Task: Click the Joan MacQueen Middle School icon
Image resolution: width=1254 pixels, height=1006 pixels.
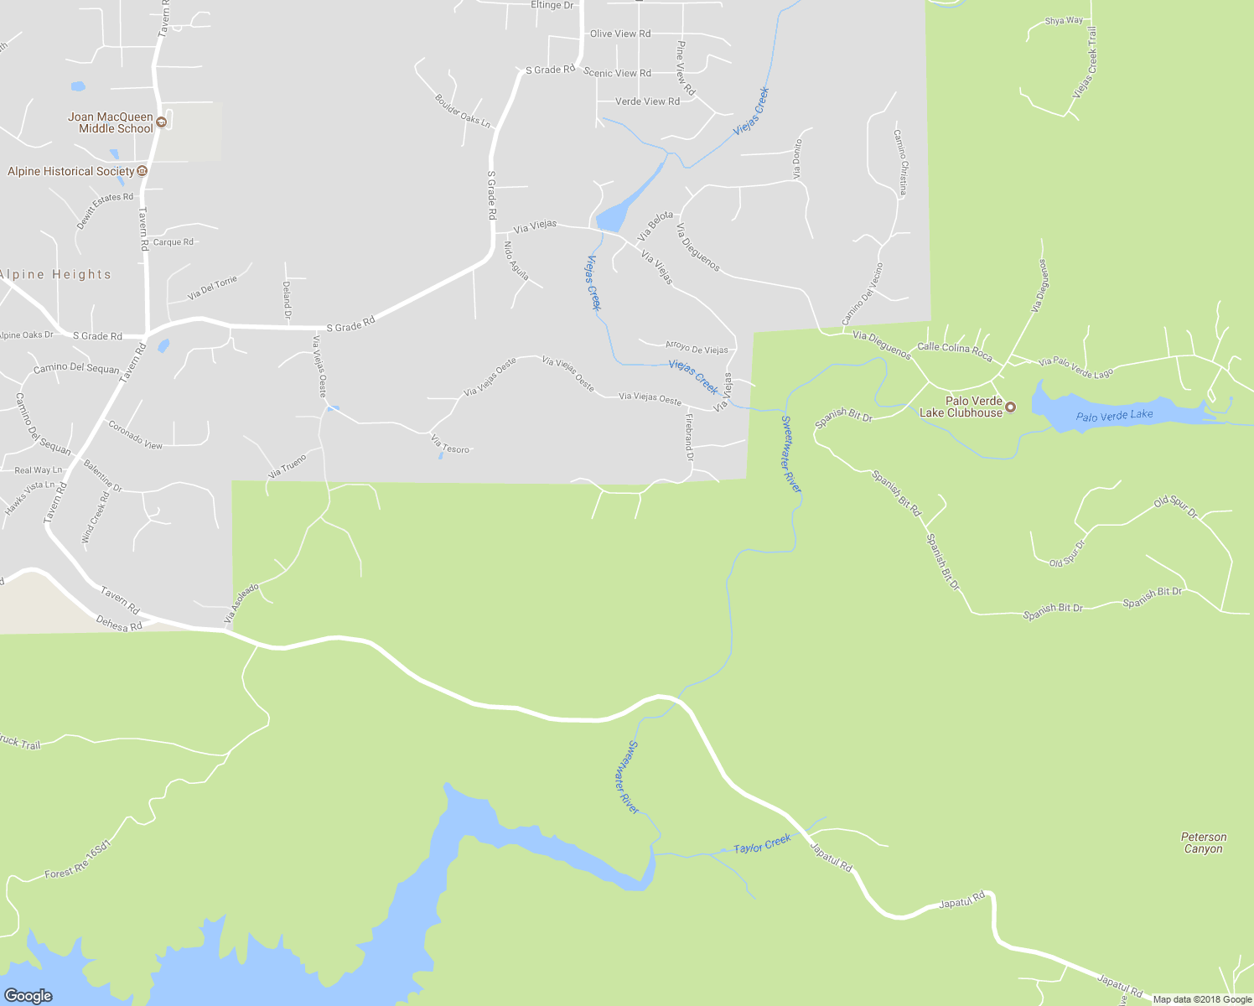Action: coord(163,122)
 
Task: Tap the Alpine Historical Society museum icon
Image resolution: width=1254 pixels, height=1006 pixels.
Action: coord(142,171)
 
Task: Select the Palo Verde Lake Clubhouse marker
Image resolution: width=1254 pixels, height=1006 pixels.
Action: coord(1010,407)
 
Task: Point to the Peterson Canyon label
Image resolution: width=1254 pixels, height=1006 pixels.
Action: coord(1203,843)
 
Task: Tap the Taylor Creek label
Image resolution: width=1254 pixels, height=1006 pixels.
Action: coord(762,844)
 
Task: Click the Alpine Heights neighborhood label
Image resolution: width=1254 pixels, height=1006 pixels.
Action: coord(55,274)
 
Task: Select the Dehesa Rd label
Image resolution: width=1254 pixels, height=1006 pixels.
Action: coord(119,624)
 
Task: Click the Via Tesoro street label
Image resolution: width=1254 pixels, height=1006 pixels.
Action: coord(450,444)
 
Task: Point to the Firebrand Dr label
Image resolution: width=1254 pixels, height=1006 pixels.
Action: coord(689,437)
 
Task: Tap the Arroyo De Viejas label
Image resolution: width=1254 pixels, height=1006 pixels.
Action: coord(697,347)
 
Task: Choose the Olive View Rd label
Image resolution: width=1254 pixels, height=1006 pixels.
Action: coord(620,34)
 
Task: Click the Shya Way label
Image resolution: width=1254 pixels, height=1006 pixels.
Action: coord(1064,21)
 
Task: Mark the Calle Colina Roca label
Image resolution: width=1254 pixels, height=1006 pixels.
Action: coord(955,351)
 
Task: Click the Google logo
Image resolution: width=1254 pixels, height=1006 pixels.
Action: coord(28,995)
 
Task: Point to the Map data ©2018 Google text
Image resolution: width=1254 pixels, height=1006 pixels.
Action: coord(1202,999)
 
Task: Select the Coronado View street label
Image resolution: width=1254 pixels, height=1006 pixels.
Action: coord(135,435)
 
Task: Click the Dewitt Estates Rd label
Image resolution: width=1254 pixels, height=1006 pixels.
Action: coord(105,210)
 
